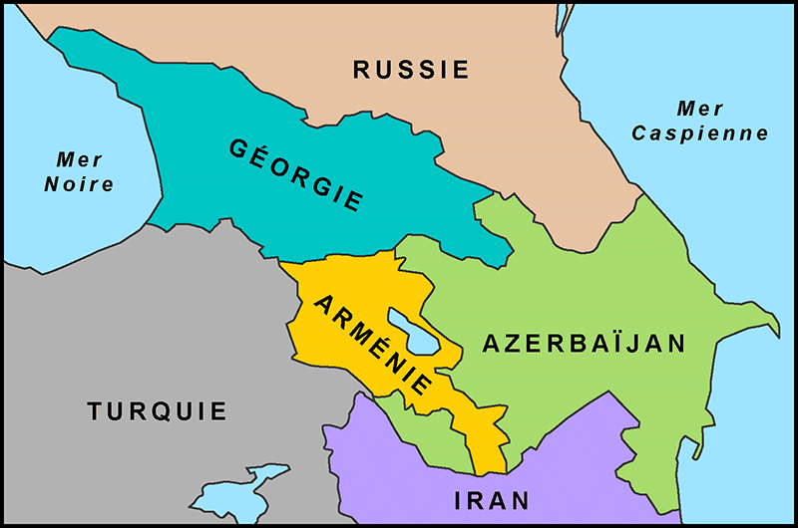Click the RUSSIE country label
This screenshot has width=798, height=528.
411,70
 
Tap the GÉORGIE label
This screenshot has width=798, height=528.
296,174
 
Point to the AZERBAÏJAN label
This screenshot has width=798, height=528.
585,344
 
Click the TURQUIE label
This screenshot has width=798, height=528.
157,411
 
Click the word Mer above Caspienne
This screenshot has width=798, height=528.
700,108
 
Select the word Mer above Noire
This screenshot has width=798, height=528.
80,158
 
